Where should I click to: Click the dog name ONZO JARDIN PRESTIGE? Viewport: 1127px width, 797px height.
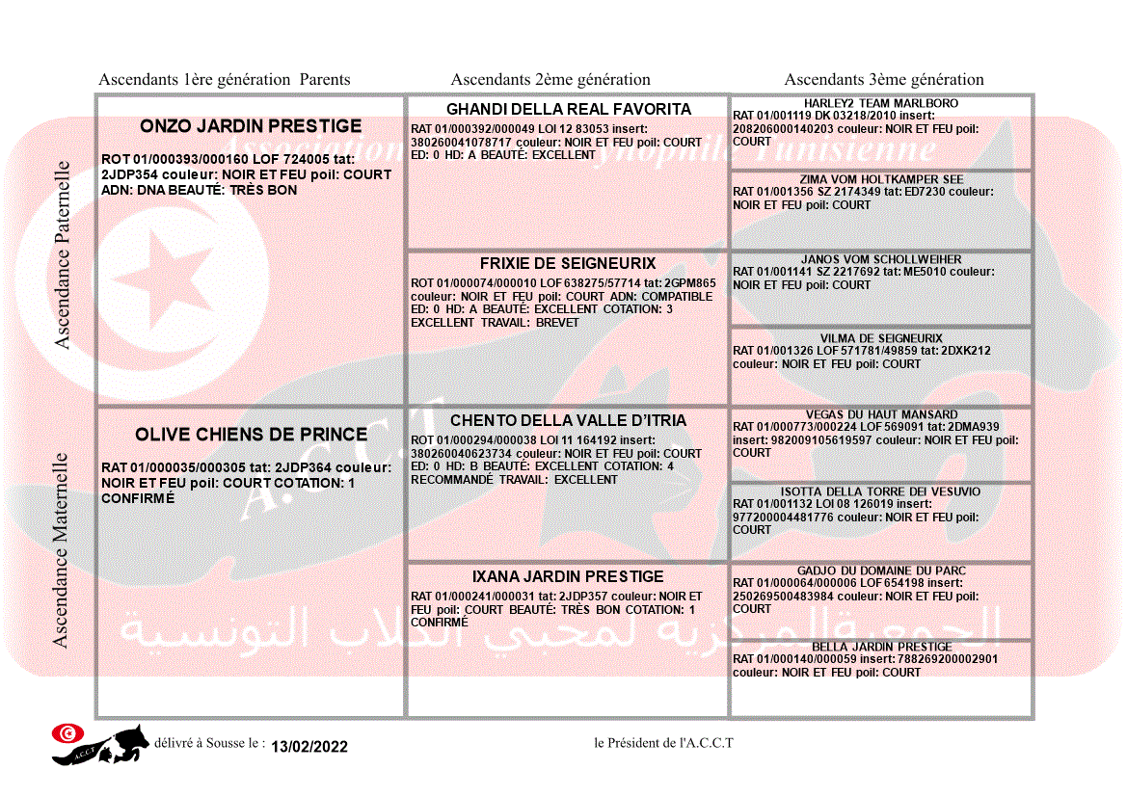pyautogui.click(x=251, y=126)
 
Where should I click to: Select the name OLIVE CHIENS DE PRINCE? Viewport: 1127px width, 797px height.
pyautogui.click(x=251, y=435)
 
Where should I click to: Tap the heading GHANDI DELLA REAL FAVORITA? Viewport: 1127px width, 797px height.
pyautogui.click(x=569, y=109)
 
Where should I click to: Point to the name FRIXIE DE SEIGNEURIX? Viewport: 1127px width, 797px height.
pyautogui.click(x=568, y=263)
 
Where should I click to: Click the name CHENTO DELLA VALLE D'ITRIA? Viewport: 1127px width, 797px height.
pyautogui.click(x=568, y=420)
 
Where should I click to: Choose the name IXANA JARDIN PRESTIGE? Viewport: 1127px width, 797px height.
pyautogui.click(x=568, y=576)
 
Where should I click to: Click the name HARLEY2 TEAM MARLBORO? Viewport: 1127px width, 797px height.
pyautogui.click(x=881, y=103)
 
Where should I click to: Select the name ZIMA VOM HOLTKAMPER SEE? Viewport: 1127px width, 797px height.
pyautogui.click(x=881, y=179)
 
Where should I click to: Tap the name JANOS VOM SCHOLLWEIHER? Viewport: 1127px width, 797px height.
pyautogui.click(x=881, y=259)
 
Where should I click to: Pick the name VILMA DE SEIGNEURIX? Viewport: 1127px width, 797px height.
pyautogui.click(x=881, y=338)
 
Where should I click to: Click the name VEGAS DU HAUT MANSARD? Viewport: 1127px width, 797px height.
pyautogui.click(x=881, y=414)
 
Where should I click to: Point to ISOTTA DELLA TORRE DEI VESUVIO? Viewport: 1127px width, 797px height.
pyautogui.click(x=881, y=491)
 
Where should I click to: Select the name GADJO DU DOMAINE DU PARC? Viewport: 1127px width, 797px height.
pyautogui.click(x=881, y=571)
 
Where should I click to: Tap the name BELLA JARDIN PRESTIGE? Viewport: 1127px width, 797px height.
pyautogui.click(x=881, y=647)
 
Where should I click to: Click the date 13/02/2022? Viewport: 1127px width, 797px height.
pyautogui.click(x=309, y=747)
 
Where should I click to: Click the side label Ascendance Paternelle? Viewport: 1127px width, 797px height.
pyautogui.click(x=63, y=254)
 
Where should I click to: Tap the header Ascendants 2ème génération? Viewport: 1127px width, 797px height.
pyautogui.click(x=550, y=80)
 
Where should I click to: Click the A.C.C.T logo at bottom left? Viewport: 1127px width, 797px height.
pyautogui.click(x=100, y=744)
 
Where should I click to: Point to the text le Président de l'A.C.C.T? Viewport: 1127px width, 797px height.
pyautogui.click(x=663, y=743)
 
